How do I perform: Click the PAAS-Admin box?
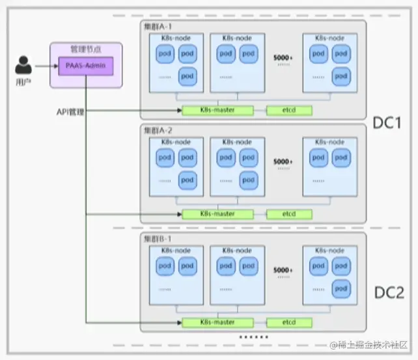pos(86,66)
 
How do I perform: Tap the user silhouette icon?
pos(24,66)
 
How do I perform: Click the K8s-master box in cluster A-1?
pos(217,110)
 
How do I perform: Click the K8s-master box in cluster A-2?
pos(217,214)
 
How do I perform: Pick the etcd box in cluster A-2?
pos(288,214)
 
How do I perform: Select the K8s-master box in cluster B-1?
pos(217,322)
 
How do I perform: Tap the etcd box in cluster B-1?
pos(288,322)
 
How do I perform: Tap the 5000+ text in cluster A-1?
pos(283,58)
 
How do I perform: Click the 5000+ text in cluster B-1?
pos(283,270)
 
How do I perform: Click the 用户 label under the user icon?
pos(22,83)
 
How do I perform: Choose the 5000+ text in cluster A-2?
pos(283,161)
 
